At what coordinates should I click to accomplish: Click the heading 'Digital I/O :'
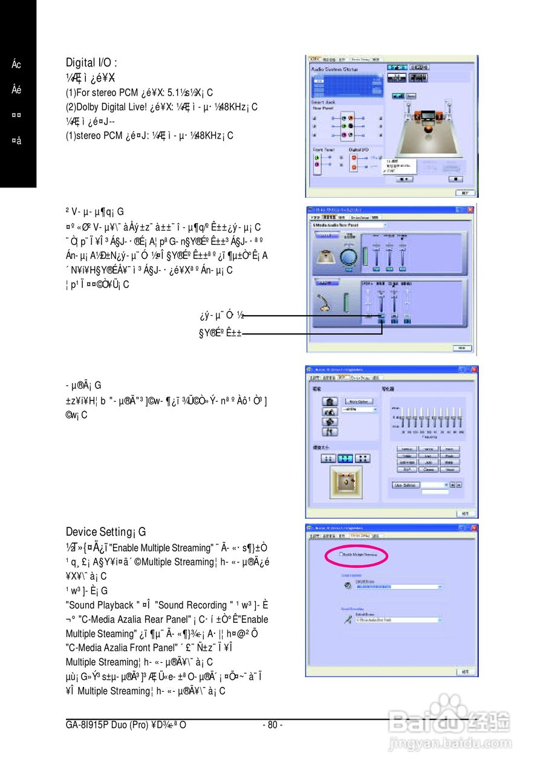(91, 62)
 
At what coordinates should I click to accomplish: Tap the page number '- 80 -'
(273, 724)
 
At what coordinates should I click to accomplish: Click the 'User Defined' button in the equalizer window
(404, 484)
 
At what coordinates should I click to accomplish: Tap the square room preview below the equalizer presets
(346, 481)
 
